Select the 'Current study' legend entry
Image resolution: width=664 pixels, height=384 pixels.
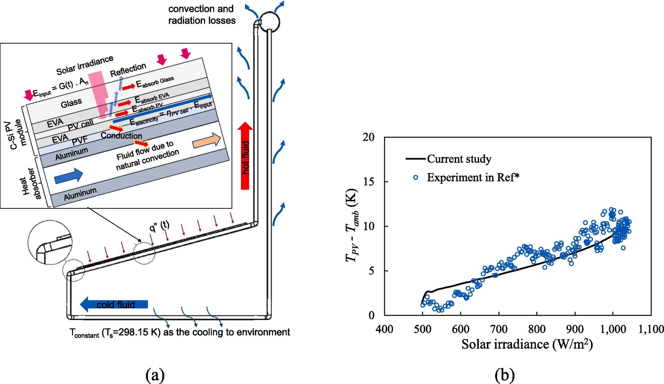click(458, 159)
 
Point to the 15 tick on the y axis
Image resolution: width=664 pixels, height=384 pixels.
click(369, 181)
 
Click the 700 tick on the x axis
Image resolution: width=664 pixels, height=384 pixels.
click(499, 329)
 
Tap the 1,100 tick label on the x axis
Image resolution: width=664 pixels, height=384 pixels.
click(651, 329)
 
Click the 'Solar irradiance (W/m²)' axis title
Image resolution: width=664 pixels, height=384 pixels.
click(527, 344)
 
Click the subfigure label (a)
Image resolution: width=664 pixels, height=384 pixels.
click(155, 375)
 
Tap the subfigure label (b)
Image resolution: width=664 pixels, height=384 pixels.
click(505, 375)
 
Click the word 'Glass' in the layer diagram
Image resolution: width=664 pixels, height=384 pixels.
click(71, 103)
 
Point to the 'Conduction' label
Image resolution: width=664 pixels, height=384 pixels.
click(121, 135)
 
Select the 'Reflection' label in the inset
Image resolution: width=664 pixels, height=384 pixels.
click(128, 70)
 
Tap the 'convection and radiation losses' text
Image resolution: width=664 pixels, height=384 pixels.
click(202, 15)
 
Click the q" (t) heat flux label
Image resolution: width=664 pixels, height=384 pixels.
click(159, 226)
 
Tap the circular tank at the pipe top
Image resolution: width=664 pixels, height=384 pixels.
click(270, 22)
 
